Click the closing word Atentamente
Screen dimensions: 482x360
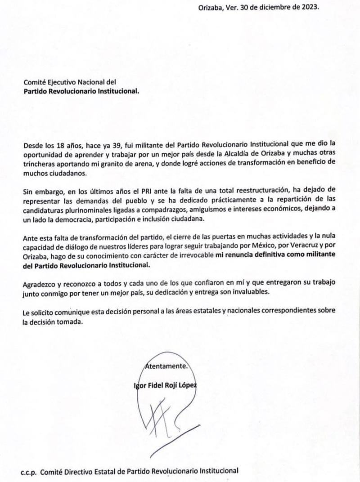point(166,366)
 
